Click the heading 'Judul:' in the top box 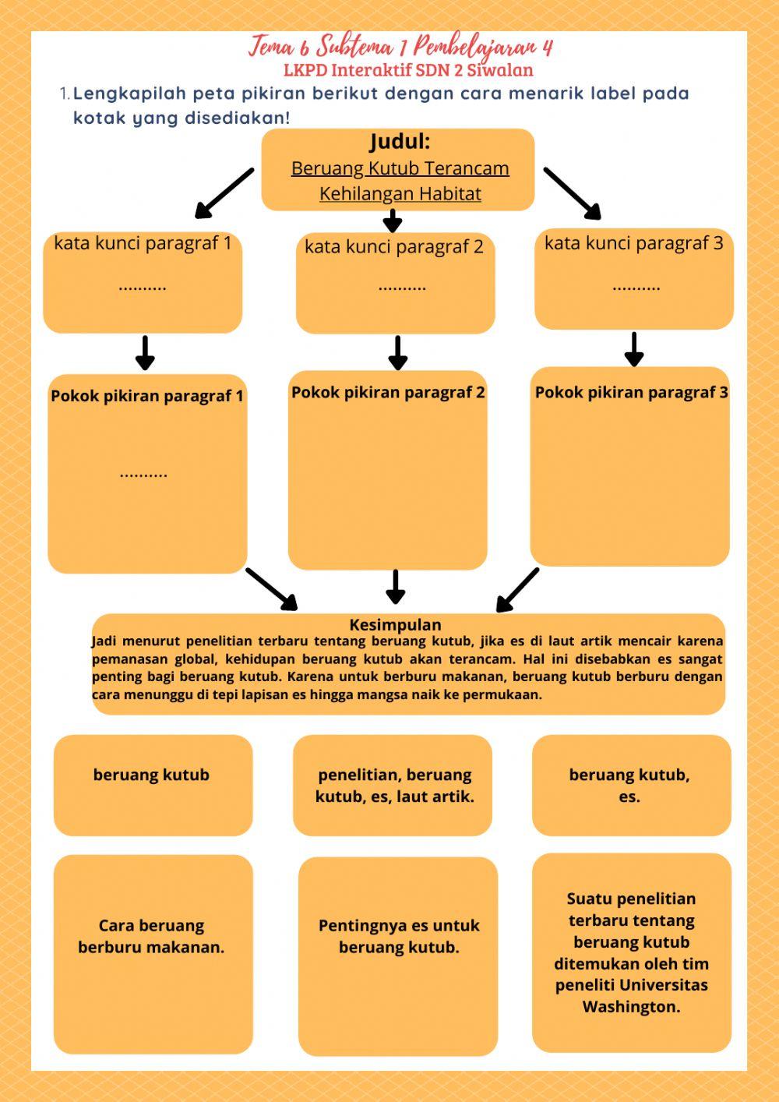(399, 142)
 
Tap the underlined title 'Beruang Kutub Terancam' (400, 168)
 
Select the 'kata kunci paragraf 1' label (143, 243)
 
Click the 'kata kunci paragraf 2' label (394, 247)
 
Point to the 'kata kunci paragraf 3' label (633, 243)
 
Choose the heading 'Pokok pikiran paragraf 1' (147, 396)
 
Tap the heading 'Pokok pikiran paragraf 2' (388, 392)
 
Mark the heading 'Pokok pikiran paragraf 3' (631, 392)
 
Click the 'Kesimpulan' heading (395, 624)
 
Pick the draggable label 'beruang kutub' (151, 775)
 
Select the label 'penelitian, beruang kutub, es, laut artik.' (394, 786)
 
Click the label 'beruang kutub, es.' (629, 786)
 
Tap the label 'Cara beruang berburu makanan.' (151, 936)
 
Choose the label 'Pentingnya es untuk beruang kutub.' (399, 936)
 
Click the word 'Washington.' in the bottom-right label (631, 1006)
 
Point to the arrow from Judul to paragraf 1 (224, 193)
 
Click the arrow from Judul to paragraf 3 (573, 193)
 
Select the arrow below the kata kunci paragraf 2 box (397, 353)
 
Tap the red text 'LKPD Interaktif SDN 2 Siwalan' (408, 70)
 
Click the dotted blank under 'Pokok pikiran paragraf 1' (143, 473)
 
